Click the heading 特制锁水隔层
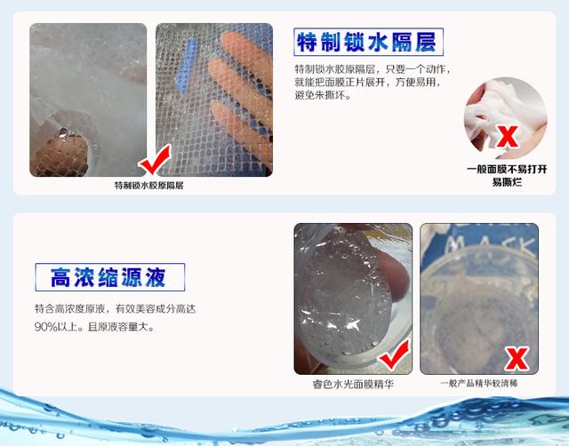[x=366, y=43]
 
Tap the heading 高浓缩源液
[x=108, y=277]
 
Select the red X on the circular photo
[x=507, y=137]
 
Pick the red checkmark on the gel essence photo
[x=394, y=355]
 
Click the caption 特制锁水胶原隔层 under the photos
[x=149, y=186]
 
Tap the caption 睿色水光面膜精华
[x=353, y=384]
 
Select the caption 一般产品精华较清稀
[x=479, y=383]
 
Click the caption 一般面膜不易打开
[x=507, y=170]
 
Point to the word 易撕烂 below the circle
[x=507, y=182]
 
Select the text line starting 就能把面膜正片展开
[x=367, y=83]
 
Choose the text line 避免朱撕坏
[x=322, y=96]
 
